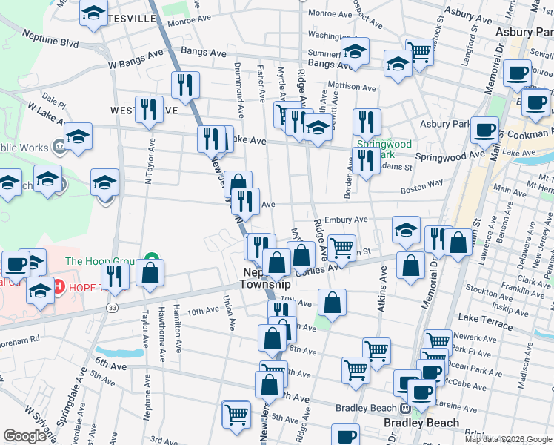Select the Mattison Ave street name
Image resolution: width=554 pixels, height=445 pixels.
tap(353, 86)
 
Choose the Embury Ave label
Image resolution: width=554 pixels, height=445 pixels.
tap(345, 220)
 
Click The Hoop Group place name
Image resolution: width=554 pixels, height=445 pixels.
tap(103, 260)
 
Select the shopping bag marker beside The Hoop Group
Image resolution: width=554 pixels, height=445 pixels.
tap(150, 271)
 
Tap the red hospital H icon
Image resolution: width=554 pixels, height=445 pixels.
tap(57, 286)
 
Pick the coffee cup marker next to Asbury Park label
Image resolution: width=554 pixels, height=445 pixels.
tap(484, 130)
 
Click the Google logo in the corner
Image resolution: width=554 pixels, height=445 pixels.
tap(24, 436)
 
